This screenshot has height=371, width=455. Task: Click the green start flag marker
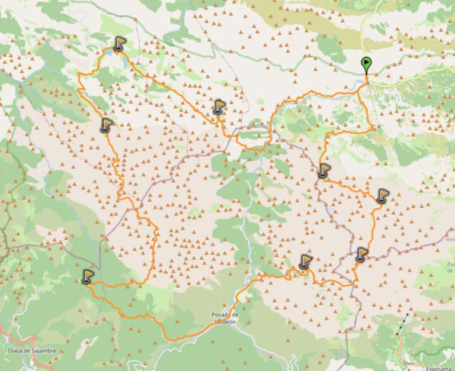click(367, 63)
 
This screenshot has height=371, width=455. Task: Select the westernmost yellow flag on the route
click(88, 276)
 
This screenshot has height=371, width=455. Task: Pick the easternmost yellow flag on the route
click(383, 195)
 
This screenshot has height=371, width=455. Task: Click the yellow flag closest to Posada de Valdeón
click(305, 261)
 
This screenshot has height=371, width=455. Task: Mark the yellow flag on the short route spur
click(219, 107)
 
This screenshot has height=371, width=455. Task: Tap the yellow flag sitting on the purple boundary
click(362, 254)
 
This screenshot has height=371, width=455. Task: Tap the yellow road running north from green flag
click(363, 30)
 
